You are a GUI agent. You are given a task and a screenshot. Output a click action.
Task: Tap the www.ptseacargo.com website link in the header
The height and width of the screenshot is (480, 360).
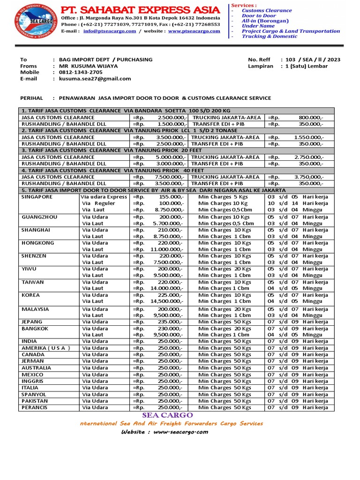click(194, 31)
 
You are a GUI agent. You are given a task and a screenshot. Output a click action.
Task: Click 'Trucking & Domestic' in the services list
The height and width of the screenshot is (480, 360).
click(270, 36)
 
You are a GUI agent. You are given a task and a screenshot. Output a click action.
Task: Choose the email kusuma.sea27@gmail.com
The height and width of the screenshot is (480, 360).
click(95, 79)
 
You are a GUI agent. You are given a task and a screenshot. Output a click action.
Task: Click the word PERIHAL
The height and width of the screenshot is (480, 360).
click(32, 98)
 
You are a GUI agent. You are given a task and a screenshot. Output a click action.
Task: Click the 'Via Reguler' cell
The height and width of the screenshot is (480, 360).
click(98, 203)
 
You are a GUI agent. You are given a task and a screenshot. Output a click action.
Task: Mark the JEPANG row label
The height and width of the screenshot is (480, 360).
click(32, 322)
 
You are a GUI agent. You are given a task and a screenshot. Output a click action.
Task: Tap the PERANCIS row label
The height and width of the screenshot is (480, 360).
click(34, 407)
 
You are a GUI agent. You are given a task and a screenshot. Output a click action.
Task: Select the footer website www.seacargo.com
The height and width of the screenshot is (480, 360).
click(180, 432)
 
